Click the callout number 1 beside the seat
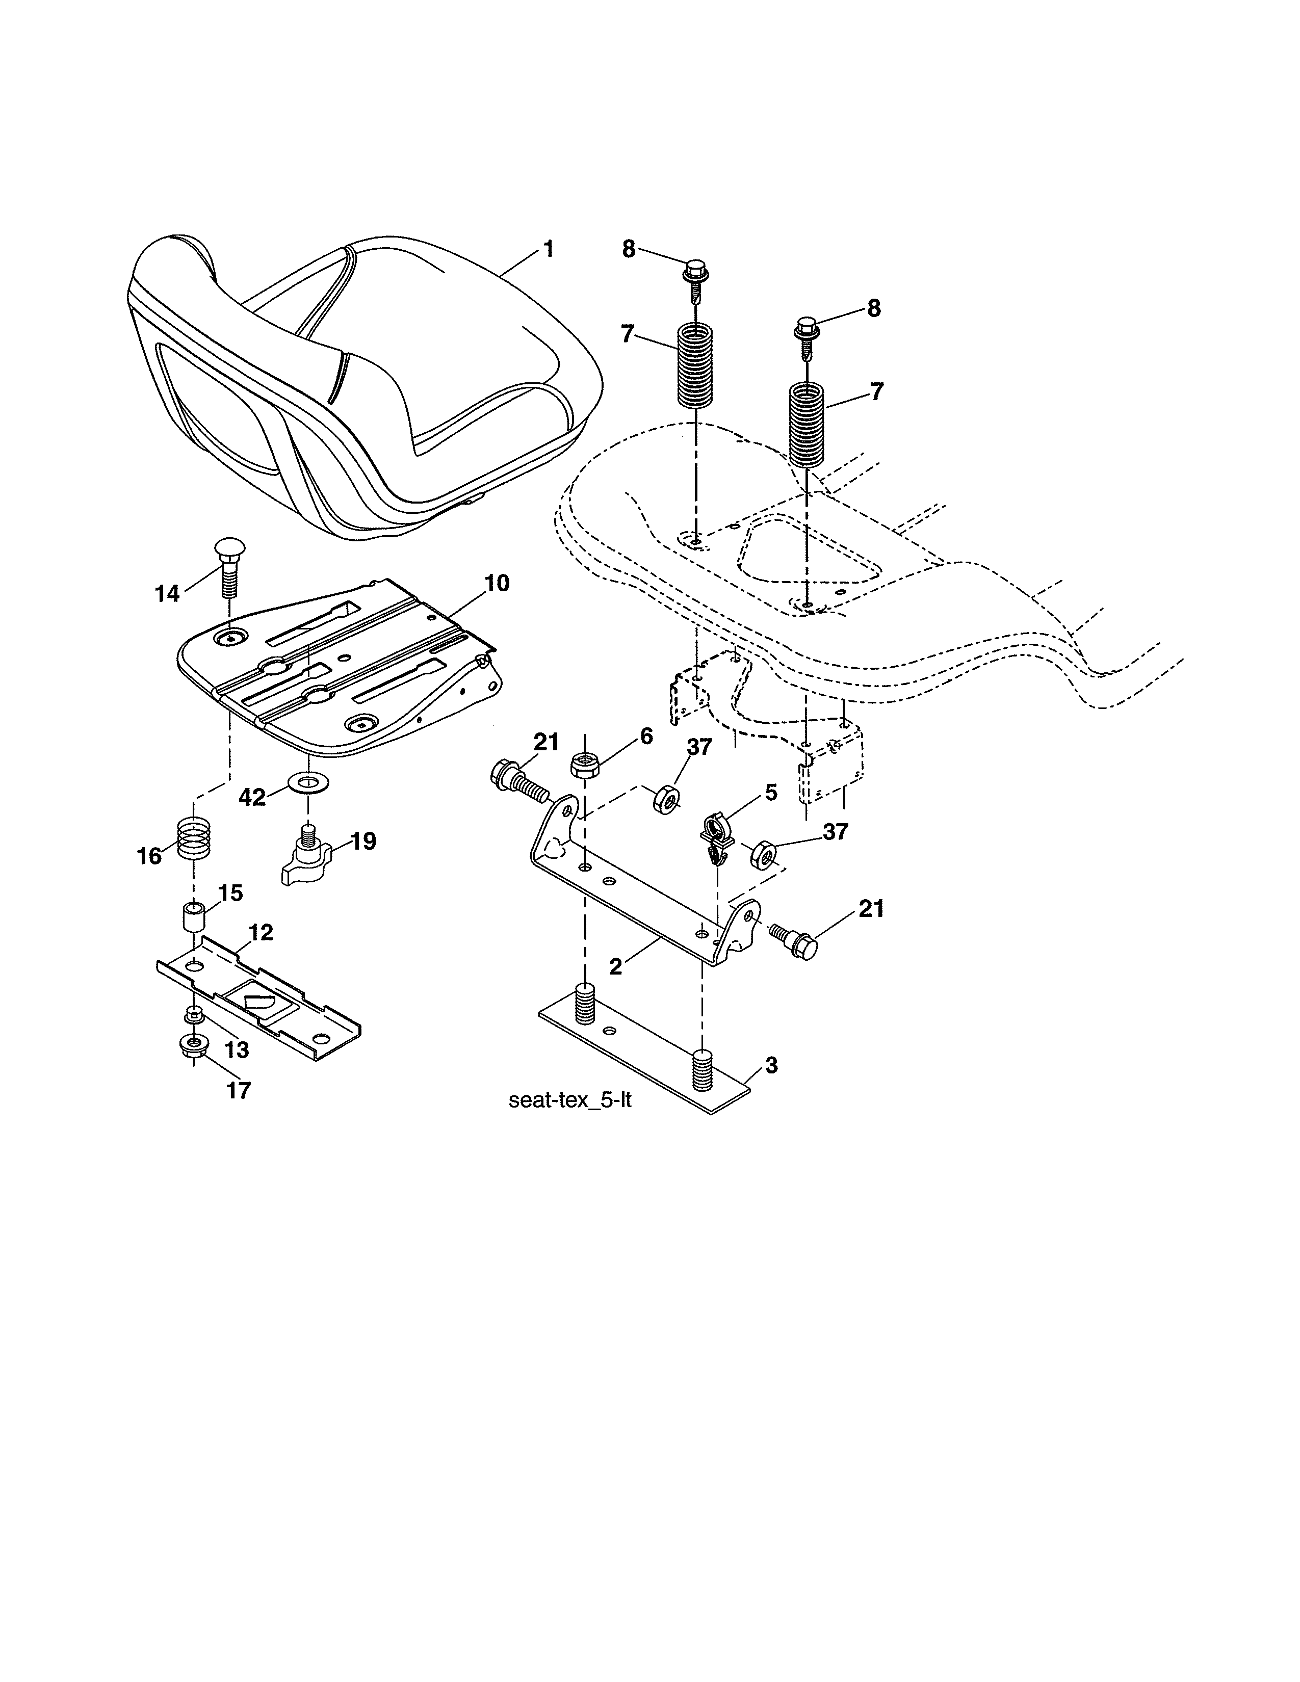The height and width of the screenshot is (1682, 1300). coord(549,250)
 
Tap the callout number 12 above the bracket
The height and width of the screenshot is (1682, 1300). coord(261,933)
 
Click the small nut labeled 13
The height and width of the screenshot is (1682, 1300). coord(194,1014)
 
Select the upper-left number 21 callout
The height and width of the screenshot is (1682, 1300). coord(545,743)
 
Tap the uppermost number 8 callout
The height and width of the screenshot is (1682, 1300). coord(629,250)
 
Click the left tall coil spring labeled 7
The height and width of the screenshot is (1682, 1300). coord(695,366)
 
